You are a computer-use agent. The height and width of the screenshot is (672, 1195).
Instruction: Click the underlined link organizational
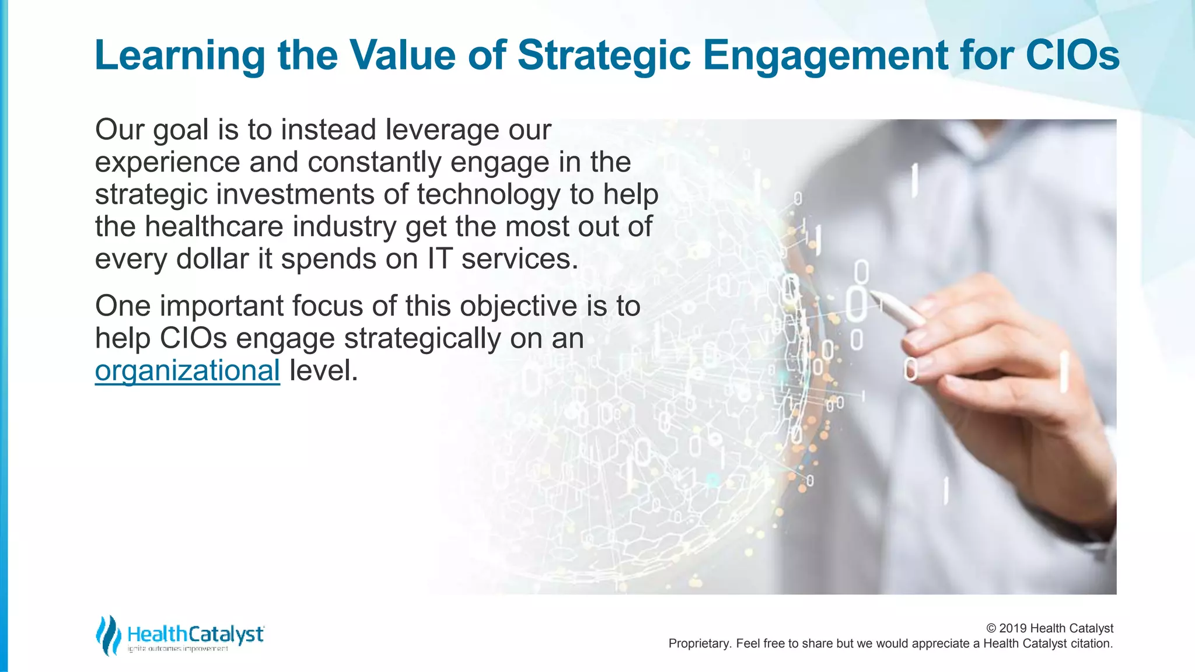point(187,371)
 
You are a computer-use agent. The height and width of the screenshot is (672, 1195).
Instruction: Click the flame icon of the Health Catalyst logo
point(108,635)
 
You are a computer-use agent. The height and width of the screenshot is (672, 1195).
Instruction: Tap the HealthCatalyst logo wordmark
point(195,634)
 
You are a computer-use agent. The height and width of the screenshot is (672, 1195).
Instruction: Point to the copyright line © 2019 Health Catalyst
point(1049,628)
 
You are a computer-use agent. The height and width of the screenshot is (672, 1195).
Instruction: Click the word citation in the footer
point(1091,644)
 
